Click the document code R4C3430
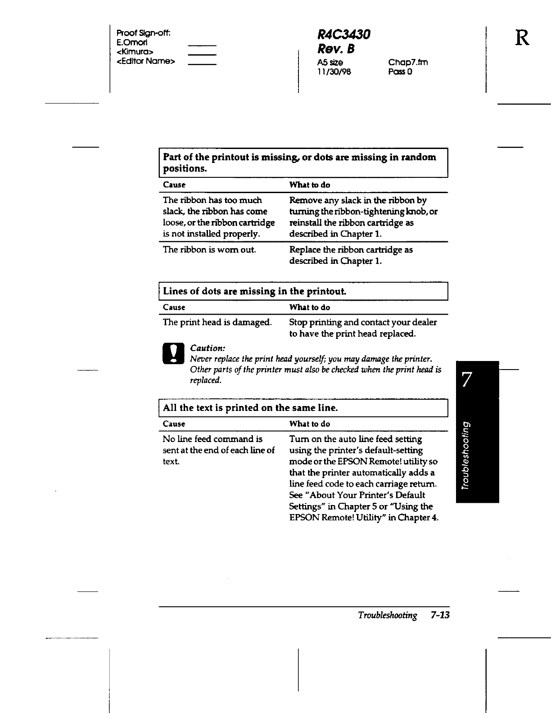tap(343, 34)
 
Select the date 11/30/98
tap(334, 71)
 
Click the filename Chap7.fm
tap(408, 62)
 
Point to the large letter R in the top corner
tap(522, 38)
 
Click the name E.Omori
tap(132, 42)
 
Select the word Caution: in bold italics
tap(208, 348)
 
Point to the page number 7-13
tap(440, 615)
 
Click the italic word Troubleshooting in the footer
tap(388, 615)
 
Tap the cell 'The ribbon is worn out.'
tap(209, 250)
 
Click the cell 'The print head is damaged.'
tap(217, 322)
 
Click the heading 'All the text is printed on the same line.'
tap(250, 408)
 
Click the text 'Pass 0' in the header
tap(400, 71)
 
